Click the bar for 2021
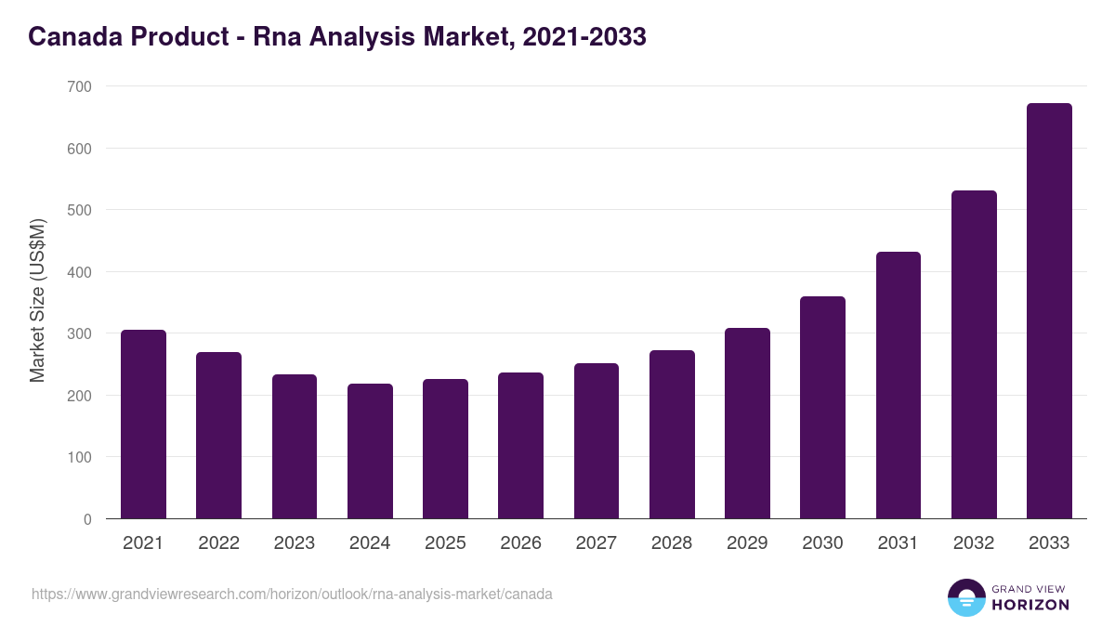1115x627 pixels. point(143,425)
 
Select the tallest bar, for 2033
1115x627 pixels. point(1049,311)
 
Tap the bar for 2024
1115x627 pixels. point(370,451)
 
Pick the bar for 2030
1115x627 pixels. point(822,408)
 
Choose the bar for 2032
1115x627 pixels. point(974,355)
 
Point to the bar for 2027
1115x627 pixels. point(597,441)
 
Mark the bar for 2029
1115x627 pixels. point(747,424)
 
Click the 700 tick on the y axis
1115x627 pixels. point(80,86)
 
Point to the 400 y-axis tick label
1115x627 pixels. point(80,272)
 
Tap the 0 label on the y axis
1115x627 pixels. point(87,519)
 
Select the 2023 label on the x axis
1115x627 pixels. point(295,543)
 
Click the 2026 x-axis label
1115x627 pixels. point(520,543)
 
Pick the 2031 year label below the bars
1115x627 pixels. point(899,543)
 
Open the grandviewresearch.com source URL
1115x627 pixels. point(292,594)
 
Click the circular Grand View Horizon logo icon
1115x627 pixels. point(966,597)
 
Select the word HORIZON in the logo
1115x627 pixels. point(1030,605)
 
